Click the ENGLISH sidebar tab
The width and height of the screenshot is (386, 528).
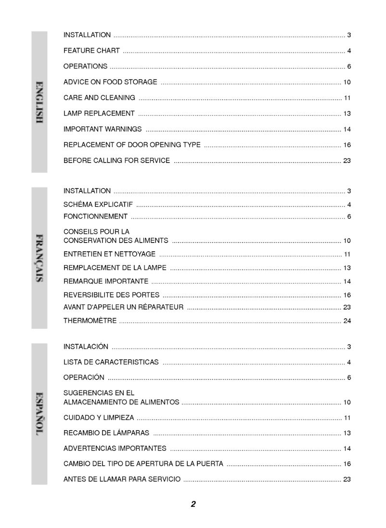click(x=39, y=102)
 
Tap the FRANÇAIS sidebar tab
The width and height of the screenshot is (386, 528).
click(x=39, y=258)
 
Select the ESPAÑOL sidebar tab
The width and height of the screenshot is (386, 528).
click(x=39, y=414)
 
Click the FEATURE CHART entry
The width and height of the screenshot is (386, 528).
click(x=91, y=51)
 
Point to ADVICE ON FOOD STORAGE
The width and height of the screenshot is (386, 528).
click(x=110, y=82)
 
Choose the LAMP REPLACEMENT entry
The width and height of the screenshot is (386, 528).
click(x=99, y=113)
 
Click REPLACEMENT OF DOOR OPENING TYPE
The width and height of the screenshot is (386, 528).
click(x=132, y=145)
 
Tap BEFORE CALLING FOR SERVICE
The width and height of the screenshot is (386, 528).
click(x=116, y=161)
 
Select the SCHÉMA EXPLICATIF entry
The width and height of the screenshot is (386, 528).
click(x=98, y=205)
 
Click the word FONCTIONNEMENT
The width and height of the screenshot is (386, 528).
click(x=96, y=217)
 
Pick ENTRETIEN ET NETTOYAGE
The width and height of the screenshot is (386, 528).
click(x=109, y=254)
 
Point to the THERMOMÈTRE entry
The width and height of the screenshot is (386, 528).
click(x=90, y=321)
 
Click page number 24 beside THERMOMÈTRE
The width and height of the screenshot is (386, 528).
click(x=347, y=321)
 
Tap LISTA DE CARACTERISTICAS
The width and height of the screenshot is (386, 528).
click(x=111, y=362)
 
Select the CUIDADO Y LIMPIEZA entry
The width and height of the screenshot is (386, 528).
click(x=99, y=418)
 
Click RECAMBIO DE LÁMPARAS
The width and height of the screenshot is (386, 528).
click(x=106, y=433)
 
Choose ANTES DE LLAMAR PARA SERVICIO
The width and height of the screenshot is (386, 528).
click(x=122, y=479)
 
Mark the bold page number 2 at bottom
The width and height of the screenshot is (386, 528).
click(x=193, y=504)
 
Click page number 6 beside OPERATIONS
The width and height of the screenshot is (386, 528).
click(x=349, y=67)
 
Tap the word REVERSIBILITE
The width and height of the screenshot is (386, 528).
click(x=88, y=295)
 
